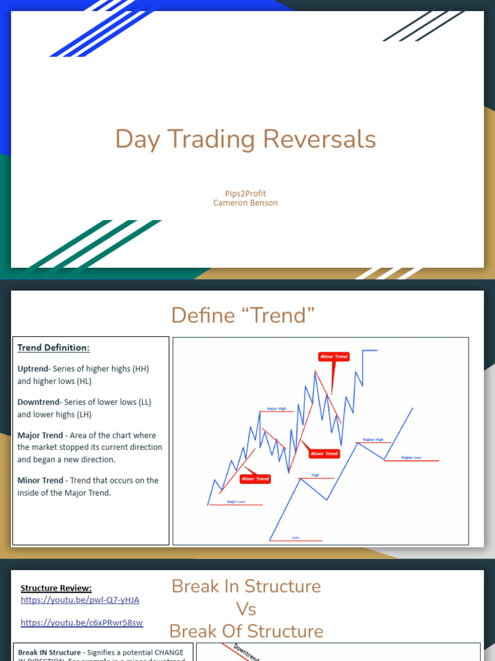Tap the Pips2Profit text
pyautogui.click(x=245, y=194)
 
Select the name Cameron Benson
pyautogui.click(x=245, y=203)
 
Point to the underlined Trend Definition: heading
pyautogui.click(x=53, y=348)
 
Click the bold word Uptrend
pyautogui.click(x=34, y=369)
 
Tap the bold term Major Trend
pyautogui.click(x=41, y=435)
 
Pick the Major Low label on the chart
pyautogui.click(x=236, y=501)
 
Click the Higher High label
pyautogui.click(x=373, y=440)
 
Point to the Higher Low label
pyautogui.click(x=411, y=458)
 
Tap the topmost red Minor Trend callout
pyautogui.click(x=333, y=356)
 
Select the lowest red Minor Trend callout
pyautogui.click(x=255, y=479)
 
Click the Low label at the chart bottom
pyautogui.click(x=296, y=537)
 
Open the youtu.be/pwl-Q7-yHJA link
pyautogui.click(x=80, y=600)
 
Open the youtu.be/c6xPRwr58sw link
pyautogui.click(x=82, y=623)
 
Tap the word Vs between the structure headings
pyautogui.click(x=246, y=609)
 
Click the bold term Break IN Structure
pyautogui.click(x=49, y=653)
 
